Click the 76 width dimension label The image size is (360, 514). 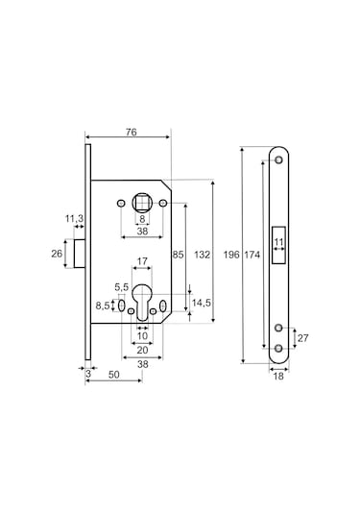(x=131, y=133)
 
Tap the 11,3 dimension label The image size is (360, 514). (x=74, y=218)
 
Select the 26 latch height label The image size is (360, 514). (x=57, y=254)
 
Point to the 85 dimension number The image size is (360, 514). (x=178, y=255)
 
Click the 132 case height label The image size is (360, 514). (x=202, y=255)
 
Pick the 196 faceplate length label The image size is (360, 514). (x=231, y=255)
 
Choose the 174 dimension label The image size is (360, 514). (x=252, y=255)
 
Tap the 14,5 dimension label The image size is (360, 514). (x=202, y=303)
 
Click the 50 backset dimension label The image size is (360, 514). (x=113, y=375)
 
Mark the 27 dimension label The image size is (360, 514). (x=302, y=338)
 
